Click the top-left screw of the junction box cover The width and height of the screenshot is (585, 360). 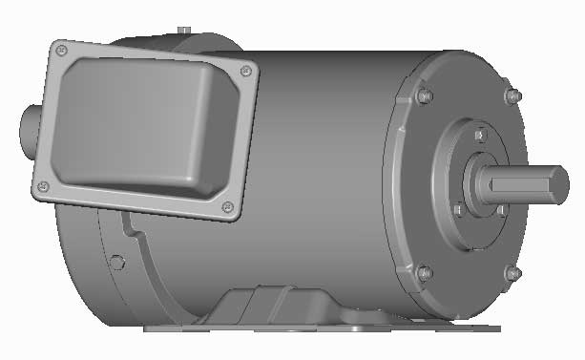pyautogui.click(x=62, y=48)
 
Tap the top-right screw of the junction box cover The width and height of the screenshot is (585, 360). pyautogui.click(x=247, y=70)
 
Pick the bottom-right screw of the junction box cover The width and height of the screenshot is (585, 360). pyautogui.click(x=226, y=207)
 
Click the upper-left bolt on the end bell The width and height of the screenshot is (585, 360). pyautogui.click(x=424, y=95)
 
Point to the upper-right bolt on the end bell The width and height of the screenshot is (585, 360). pyautogui.click(x=512, y=95)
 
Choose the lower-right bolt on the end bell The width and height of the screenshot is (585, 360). pyautogui.click(x=512, y=273)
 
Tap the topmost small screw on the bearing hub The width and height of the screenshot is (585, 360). pyautogui.click(x=478, y=136)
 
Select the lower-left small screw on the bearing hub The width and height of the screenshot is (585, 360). pyautogui.click(x=458, y=209)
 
